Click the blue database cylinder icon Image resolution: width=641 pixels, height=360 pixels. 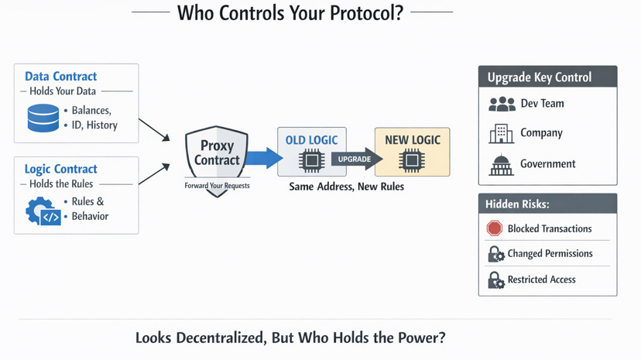pos(43,118)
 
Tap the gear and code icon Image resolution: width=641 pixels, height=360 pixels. pos(43,211)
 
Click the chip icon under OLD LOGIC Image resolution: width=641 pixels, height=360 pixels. pos(311,160)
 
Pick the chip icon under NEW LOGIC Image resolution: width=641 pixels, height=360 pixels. pos(412,160)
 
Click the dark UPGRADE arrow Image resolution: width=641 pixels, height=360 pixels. pos(357,159)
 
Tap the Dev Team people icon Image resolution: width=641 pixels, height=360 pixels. pos(502,104)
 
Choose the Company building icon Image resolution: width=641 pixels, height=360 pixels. pos(501,133)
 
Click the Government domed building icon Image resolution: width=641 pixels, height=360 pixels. pos(501,164)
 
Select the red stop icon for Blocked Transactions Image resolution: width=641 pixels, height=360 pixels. pos(495,228)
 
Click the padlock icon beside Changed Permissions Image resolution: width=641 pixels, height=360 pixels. pos(495,254)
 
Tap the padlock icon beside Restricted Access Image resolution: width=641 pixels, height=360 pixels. pos(495,279)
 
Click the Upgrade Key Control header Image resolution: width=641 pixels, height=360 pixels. pos(540,77)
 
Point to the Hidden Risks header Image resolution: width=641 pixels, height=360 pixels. pos(517,204)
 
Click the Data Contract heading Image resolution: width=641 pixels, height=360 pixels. pos(60,77)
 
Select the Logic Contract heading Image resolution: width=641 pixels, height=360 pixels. pos(60,169)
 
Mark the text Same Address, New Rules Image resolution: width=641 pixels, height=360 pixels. pos(346,187)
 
